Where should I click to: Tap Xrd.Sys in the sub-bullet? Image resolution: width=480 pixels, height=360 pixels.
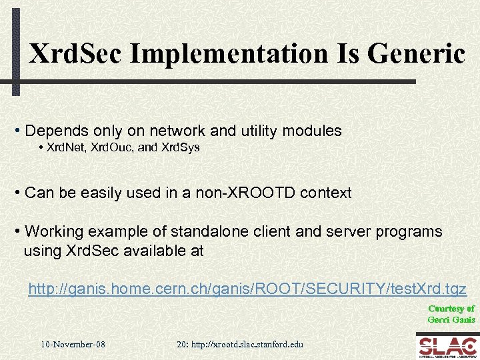(x=180, y=147)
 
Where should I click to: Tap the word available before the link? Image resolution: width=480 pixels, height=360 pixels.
(x=172, y=251)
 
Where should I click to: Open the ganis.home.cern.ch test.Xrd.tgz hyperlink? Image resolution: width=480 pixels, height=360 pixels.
(x=247, y=289)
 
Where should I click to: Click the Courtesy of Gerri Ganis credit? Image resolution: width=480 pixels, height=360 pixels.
(x=451, y=313)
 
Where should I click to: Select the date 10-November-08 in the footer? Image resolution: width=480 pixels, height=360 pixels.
(x=73, y=344)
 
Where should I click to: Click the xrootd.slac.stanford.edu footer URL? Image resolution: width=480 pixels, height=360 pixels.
(x=247, y=344)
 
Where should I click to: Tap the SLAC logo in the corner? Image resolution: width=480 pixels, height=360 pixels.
(x=446, y=345)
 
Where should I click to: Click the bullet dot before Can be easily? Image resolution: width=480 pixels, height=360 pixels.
(x=17, y=193)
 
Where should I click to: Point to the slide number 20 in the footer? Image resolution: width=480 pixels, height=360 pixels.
(x=181, y=344)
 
